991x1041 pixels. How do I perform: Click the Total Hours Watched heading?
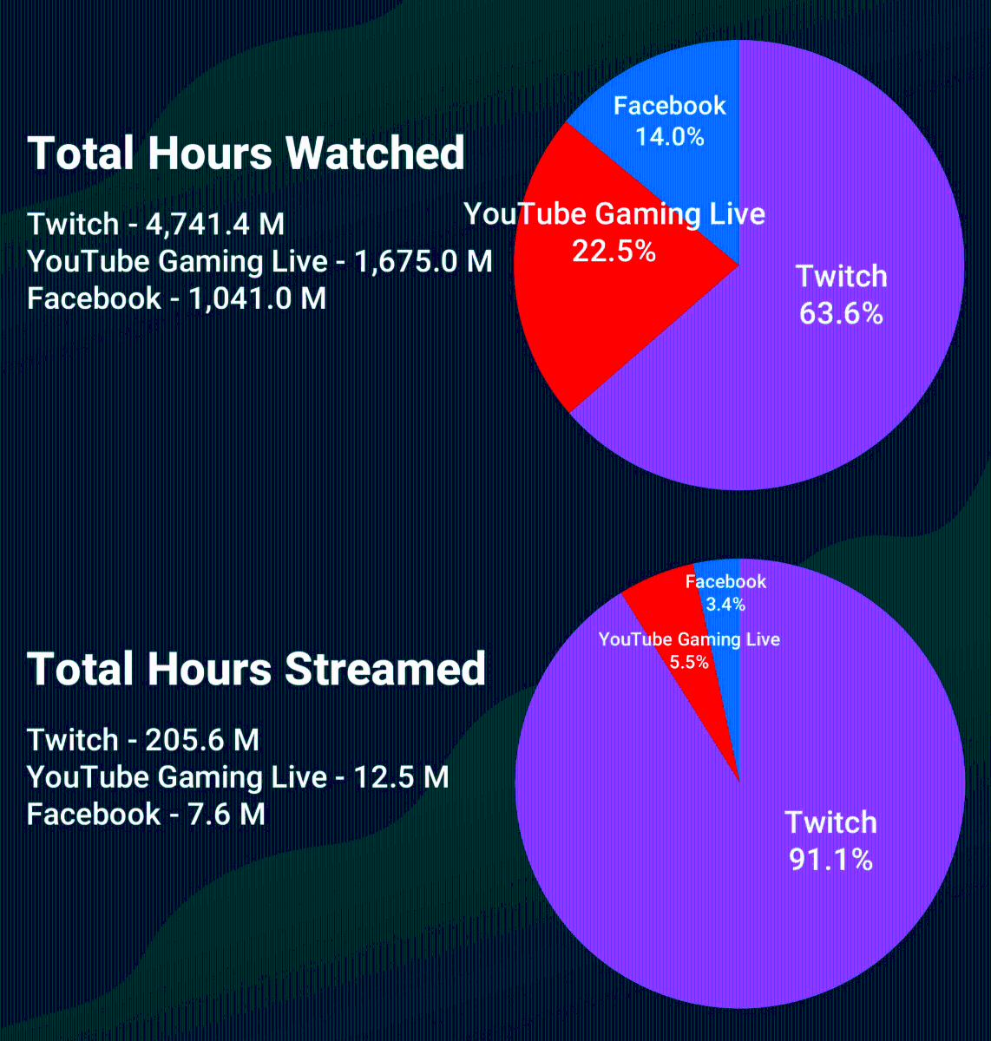[x=246, y=154]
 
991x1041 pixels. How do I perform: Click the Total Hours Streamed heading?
[x=256, y=670]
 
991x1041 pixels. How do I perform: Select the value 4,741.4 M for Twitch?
[x=215, y=225]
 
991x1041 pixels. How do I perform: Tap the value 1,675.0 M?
[x=423, y=261]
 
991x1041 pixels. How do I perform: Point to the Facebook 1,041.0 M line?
[x=176, y=298]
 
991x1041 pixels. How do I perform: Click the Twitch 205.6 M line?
[x=143, y=740]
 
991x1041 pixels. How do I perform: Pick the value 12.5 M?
[x=401, y=777]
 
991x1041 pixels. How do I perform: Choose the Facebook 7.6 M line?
[x=146, y=815]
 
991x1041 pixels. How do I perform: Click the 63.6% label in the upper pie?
[x=841, y=313]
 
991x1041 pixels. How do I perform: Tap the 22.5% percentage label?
[x=614, y=252]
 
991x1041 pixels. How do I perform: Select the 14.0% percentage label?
[x=669, y=137]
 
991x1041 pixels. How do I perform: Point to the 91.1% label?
[x=830, y=860]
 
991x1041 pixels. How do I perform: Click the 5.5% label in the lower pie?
[x=689, y=663]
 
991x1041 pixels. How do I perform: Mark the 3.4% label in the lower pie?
[x=725, y=605]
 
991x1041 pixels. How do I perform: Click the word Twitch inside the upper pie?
[x=842, y=277]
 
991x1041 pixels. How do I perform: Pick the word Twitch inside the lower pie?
[x=830, y=822]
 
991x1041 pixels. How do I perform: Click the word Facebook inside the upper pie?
[x=669, y=106]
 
